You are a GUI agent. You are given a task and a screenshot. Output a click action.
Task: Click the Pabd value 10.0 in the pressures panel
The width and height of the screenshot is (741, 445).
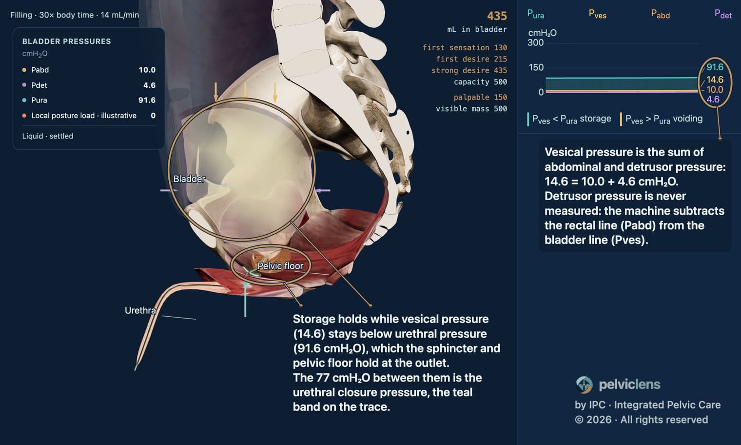pos(147,70)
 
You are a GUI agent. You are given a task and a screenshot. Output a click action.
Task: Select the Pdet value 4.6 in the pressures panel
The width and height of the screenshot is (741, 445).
pos(149,85)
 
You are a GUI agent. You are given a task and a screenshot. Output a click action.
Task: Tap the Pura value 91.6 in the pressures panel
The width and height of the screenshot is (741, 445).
pos(147,100)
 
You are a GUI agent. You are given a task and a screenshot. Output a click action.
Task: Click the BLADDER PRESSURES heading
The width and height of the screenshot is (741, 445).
pos(66,41)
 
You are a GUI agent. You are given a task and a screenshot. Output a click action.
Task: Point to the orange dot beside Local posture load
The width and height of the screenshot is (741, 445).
pos(24,116)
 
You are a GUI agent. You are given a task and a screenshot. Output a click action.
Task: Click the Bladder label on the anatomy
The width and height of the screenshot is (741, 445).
pos(189,179)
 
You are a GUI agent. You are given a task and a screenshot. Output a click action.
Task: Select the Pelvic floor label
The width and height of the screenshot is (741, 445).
pos(280,266)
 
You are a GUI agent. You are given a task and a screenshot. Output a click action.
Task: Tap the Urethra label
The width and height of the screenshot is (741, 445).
pos(140,310)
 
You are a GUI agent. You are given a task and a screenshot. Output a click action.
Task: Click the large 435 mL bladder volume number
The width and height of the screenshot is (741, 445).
pos(497,16)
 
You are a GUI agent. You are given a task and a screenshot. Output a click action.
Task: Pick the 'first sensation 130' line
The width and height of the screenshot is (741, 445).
pos(465,48)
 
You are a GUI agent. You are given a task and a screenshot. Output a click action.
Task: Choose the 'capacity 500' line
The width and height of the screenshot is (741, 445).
pos(480,82)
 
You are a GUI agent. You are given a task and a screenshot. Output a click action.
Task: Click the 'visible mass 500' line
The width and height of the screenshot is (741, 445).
pos(471,109)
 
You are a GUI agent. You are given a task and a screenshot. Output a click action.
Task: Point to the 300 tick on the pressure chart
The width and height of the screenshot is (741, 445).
pos(536,43)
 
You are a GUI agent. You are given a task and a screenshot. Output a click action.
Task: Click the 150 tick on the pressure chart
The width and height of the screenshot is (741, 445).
pos(536,67)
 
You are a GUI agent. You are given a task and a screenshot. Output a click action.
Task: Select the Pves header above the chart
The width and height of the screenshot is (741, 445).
pos(598,14)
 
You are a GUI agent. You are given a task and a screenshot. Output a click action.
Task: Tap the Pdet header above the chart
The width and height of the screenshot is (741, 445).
pos(723,14)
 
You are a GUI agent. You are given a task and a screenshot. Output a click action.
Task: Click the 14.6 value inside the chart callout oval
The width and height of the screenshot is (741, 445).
pos(715,80)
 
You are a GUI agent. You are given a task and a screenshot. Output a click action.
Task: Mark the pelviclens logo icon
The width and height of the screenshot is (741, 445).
pos(584,384)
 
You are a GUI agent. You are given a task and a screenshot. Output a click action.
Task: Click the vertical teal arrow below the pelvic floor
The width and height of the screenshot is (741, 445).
pos(245,299)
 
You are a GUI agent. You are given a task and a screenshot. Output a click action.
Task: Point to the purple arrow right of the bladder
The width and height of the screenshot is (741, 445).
pos(322,190)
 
